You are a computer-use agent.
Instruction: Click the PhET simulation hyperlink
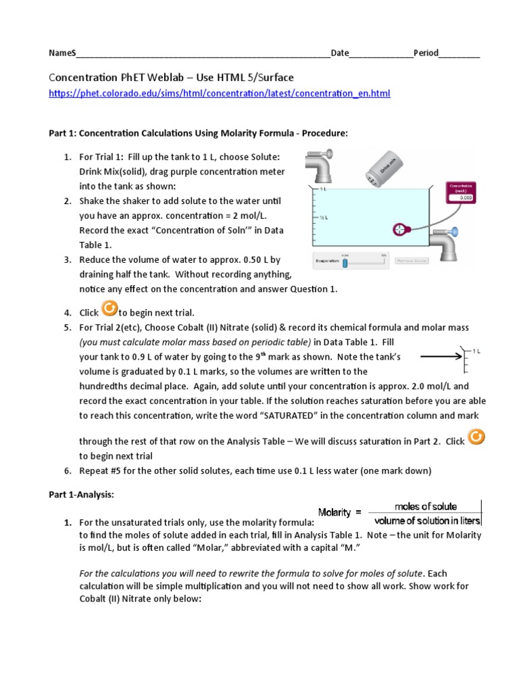tap(219, 93)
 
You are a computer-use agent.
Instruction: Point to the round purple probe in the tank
tap(403, 229)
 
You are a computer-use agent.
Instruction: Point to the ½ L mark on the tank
tap(324, 218)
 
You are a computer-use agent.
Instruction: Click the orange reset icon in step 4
tap(109, 309)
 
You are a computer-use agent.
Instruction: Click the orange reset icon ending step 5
tap(476, 438)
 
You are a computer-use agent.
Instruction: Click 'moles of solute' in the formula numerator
tap(425, 506)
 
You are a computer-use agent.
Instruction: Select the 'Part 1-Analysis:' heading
tap(81, 495)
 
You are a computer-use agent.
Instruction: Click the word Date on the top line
tap(340, 53)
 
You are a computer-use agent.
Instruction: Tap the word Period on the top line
tap(426, 53)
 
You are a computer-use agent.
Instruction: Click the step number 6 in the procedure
tap(68, 470)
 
